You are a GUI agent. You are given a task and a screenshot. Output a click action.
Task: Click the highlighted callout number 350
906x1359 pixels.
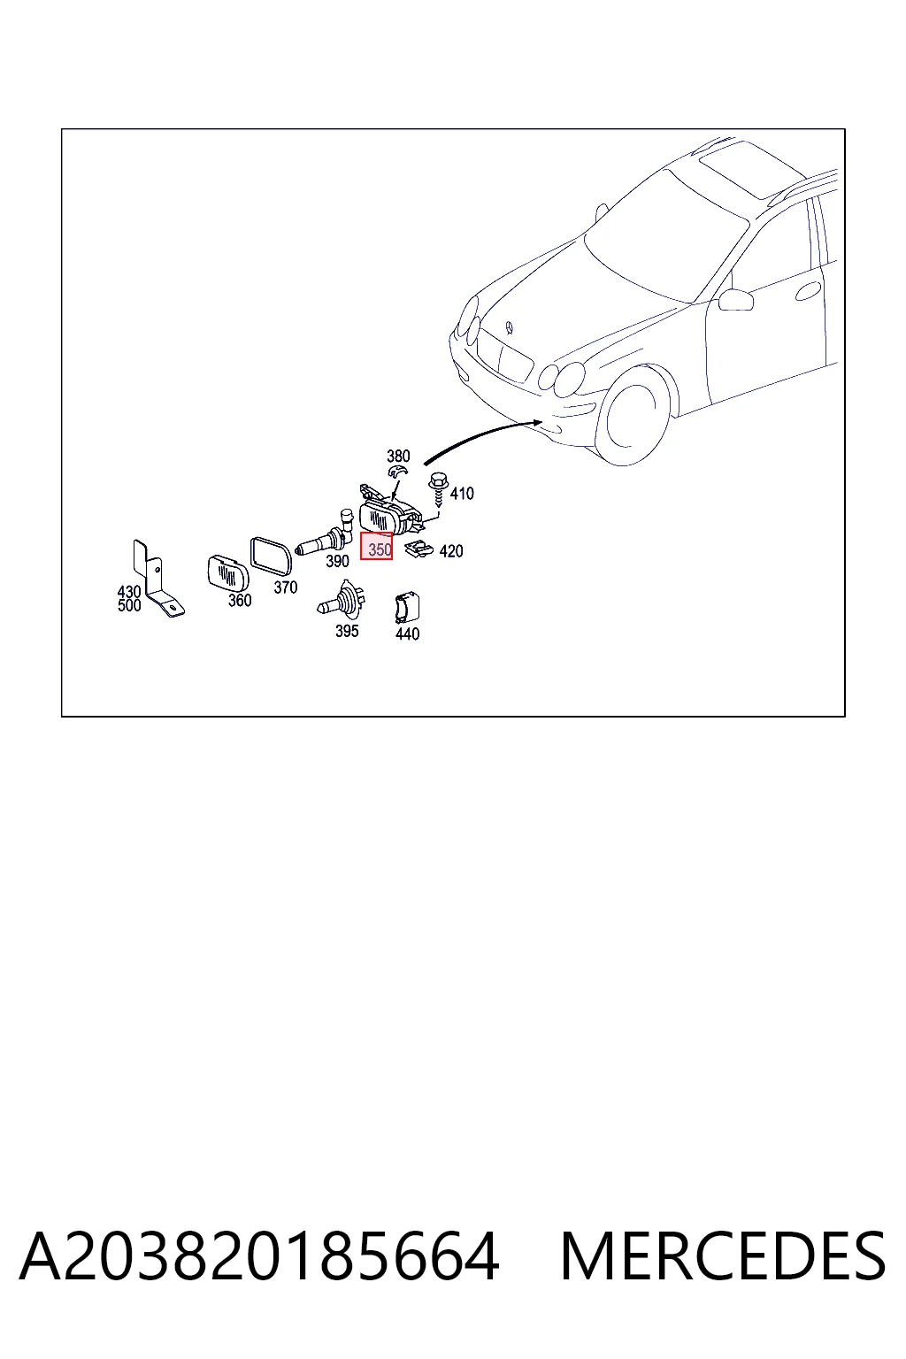[380, 549]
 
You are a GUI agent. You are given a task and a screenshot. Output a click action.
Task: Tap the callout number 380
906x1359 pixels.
[398, 456]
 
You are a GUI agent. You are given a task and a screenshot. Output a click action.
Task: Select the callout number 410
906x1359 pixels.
[462, 493]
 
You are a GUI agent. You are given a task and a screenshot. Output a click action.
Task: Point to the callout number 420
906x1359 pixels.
[451, 551]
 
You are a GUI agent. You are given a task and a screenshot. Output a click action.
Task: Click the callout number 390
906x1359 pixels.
[337, 561]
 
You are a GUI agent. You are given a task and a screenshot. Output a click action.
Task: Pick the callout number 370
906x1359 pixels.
[285, 587]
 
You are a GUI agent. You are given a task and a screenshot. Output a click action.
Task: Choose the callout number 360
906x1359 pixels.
[240, 600]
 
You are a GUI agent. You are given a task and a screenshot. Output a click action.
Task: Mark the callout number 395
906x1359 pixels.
[347, 631]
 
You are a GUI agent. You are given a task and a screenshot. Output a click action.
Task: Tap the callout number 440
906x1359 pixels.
[407, 633]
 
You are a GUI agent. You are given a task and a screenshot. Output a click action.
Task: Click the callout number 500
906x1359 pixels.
[129, 605]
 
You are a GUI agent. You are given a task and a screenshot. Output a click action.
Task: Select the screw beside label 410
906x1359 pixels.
[438, 490]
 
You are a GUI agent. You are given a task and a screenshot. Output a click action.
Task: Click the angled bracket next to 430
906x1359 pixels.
[157, 579]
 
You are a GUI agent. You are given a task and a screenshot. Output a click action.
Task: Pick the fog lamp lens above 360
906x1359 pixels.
[227, 573]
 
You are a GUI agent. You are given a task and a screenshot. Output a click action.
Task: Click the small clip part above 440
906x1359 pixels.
[407, 607]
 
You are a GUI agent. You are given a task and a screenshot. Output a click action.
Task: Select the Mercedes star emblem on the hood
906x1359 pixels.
[510, 327]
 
